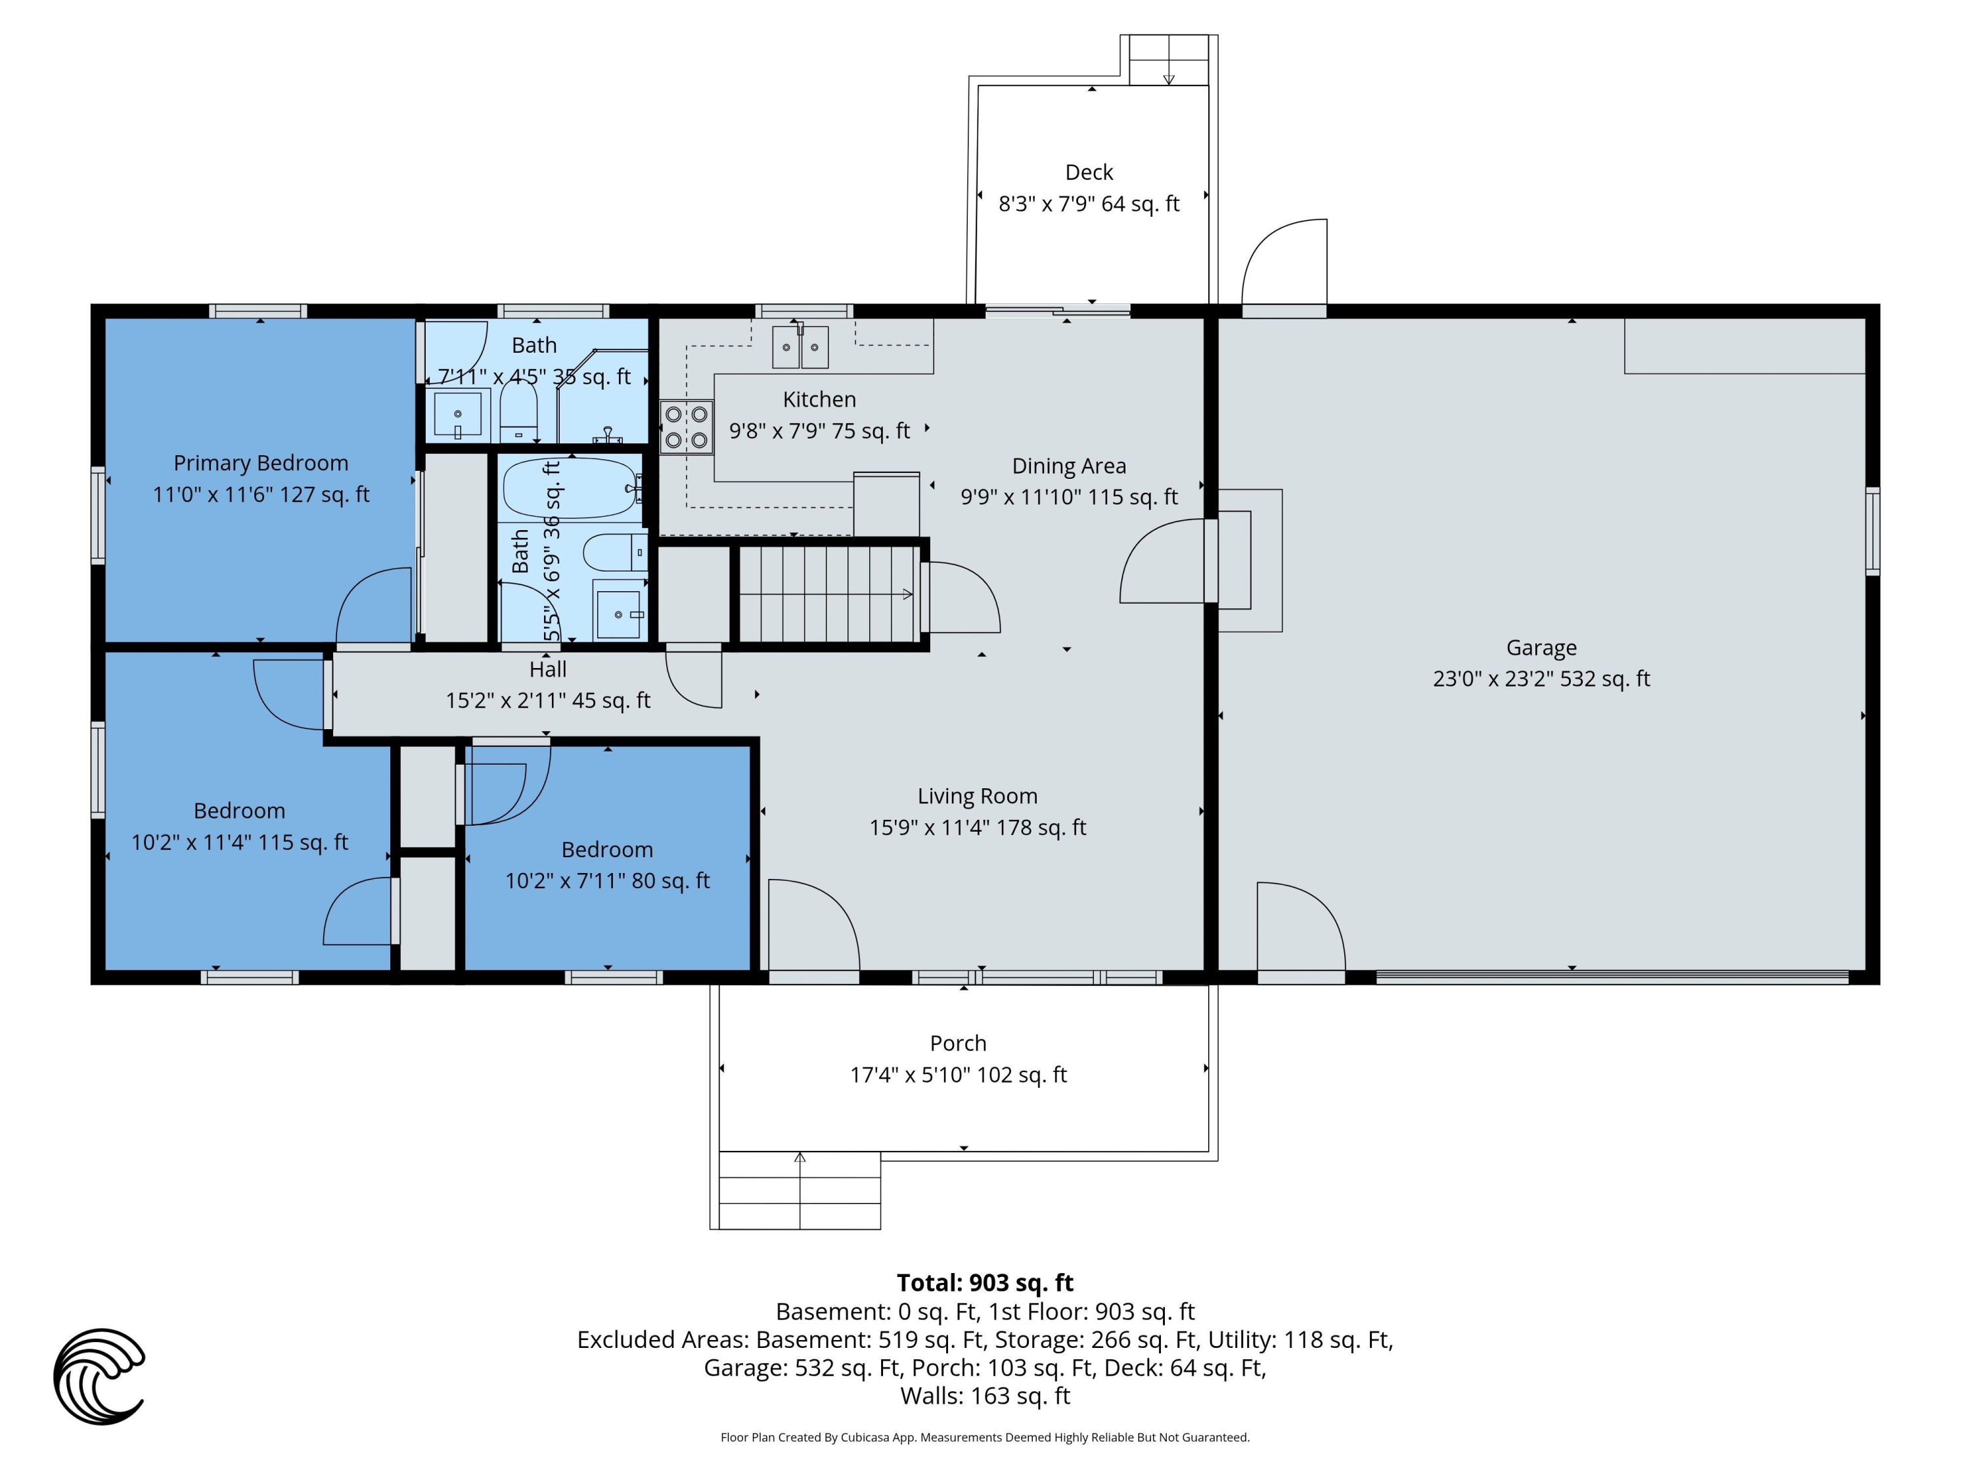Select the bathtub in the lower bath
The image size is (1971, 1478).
click(x=571, y=487)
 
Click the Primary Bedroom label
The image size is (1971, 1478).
click(x=261, y=463)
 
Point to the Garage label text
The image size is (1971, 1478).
click(x=1541, y=648)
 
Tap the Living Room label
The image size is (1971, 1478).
click(x=978, y=795)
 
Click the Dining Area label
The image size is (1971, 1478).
click(x=1069, y=466)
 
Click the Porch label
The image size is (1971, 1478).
click(x=958, y=1043)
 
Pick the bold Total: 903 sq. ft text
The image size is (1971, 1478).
click(x=985, y=1283)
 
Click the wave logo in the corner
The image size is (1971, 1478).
click(x=99, y=1376)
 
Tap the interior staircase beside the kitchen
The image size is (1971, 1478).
click(x=828, y=593)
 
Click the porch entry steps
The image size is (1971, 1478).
click(x=800, y=1191)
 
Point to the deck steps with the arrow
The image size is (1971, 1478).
click(x=1168, y=60)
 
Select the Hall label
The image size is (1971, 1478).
click(x=548, y=669)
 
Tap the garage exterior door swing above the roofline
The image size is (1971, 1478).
click(x=1284, y=262)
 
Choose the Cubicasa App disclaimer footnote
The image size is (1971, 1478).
click(x=985, y=1437)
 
